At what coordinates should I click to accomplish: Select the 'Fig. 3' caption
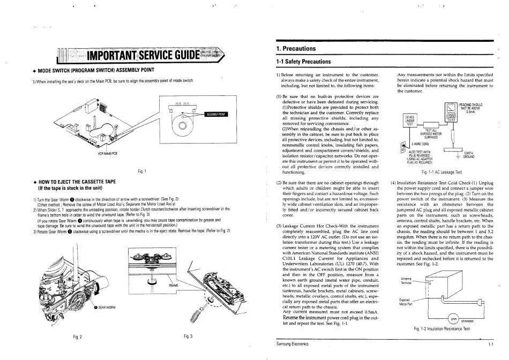pyautogui.click(x=188, y=336)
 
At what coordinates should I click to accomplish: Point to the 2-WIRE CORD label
pyautogui.click(x=420, y=144)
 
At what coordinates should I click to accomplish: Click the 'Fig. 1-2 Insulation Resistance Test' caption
pyautogui.click(x=442, y=328)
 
